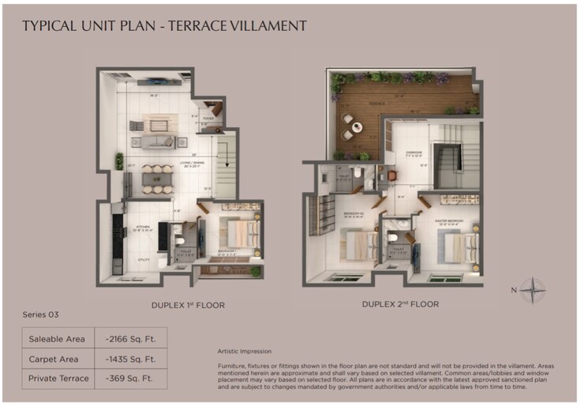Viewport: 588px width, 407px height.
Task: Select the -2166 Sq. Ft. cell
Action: (130, 339)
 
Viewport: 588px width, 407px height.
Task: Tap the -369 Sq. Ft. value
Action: (130, 379)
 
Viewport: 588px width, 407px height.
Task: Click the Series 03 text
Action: (40, 314)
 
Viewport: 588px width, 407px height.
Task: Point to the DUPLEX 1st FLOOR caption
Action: (188, 303)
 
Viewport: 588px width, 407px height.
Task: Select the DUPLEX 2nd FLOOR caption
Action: (400, 303)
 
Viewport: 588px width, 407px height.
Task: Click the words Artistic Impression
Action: (244, 351)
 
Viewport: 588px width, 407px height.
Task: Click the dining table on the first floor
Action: (157, 179)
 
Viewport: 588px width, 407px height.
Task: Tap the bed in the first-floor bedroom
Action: (240, 232)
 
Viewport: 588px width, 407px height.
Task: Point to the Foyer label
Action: (208, 119)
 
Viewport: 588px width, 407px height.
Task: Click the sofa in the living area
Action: (157, 142)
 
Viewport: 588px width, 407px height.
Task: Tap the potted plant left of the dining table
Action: (119, 161)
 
